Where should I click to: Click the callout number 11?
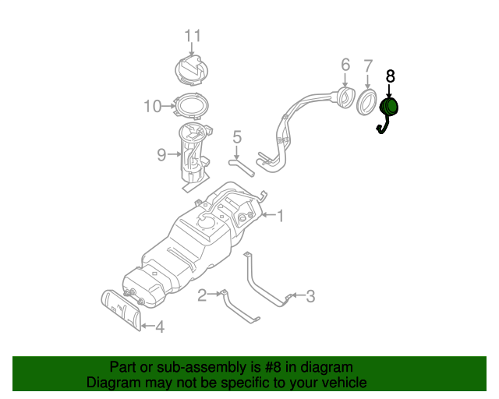(x=193, y=35)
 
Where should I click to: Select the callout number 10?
(x=151, y=105)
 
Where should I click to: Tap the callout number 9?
(x=161, y=155)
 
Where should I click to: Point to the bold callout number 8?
(x=391, y=76)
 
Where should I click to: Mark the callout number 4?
(x=159, y=327)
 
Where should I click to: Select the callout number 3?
(x=310, y=295)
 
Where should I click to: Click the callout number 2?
(x=202, y=294)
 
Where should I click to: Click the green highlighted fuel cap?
(x=389, y=108)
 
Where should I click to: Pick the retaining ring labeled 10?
(x=190, y=104)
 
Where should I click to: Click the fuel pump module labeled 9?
(x=191, y=154)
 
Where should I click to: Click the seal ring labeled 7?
(x=366, y=101)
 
